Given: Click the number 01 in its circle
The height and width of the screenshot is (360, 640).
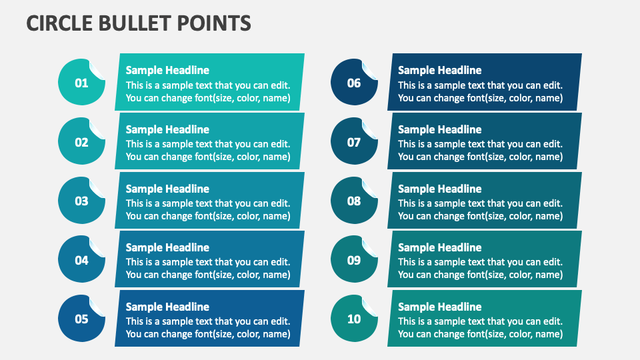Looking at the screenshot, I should [81, 83].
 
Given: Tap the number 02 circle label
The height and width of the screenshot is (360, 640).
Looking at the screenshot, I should [81, 142].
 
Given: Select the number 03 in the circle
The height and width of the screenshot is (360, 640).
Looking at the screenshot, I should [81, 201].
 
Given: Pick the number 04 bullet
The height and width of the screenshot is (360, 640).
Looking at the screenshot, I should [81, 260].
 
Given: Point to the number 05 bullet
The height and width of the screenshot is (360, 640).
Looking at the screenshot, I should [81, 319].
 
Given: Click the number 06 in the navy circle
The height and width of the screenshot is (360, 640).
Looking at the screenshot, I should [354, 83].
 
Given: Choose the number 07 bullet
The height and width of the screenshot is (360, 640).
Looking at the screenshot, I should [354, 142].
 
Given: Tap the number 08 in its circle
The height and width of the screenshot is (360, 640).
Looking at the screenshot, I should [354, 201].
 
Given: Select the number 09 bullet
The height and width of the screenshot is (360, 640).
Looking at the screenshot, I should [354, 260].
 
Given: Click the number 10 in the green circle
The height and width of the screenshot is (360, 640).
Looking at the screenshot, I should [354, 319].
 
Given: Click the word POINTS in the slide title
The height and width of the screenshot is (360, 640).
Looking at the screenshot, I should [215, 23].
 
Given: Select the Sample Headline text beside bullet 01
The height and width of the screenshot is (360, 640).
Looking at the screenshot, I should [167, 70].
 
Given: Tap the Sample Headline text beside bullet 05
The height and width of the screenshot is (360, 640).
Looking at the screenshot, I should [167, 307].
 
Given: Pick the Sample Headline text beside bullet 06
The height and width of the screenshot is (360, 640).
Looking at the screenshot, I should [439, 70].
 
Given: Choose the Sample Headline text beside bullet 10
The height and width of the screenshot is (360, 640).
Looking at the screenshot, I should [439, 307].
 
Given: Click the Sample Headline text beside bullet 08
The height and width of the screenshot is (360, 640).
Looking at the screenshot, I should [439, 189].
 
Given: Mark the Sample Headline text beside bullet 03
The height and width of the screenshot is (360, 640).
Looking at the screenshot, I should [167, 189].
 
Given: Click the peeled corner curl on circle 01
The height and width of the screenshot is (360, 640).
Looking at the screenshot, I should [97, 69].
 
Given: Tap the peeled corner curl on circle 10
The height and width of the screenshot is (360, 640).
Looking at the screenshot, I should [370, 304].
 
